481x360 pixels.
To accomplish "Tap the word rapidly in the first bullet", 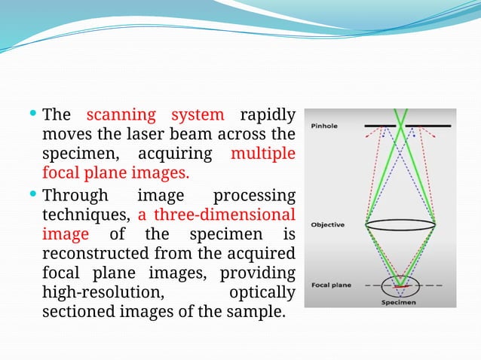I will (x=267, y=115).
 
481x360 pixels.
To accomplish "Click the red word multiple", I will (x=262, y=154).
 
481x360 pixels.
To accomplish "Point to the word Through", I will (x=75, y=195).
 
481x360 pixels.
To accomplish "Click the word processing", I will (x=255, y=195).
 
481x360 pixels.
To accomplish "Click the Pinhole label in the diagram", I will (x=323, y=126).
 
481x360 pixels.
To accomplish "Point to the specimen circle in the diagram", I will (x=400, y=286).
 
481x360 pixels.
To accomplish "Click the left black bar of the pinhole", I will (x=380, y=125).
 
